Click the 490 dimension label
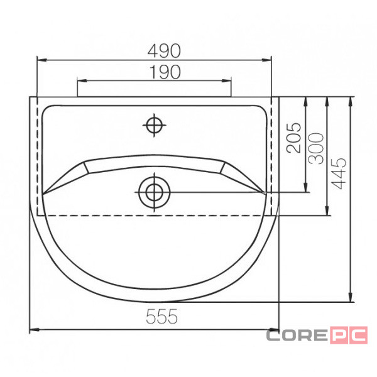[164, 51]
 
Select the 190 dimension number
[165, 72]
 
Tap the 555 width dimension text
[162, 317]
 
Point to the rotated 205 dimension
[294, 138]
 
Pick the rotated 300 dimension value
[317, 148]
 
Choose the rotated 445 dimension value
[339, 173]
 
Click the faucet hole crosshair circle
[154, 125]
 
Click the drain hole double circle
[154, 192]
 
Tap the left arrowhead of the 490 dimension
[41, 60]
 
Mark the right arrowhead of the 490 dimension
[266, 60]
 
